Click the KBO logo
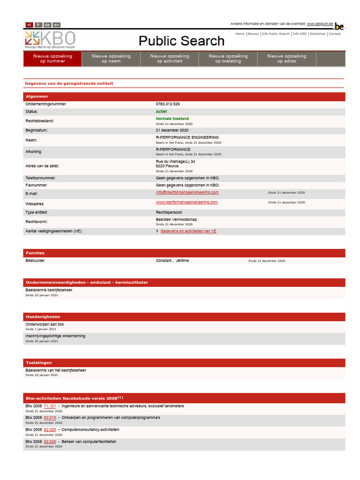pyautogui.click(x=50, y=39)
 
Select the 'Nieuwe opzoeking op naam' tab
pyautogui.click(x=111, y=59)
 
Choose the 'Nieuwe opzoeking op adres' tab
pyautogui.click(x=286, y=59)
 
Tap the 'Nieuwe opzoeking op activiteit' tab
pyautogui.click(x=170, y=59)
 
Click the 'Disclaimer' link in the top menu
pyautogui.click(x=318, y=34)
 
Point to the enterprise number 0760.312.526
pyautogui.click(x=168, y=104)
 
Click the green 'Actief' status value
pyautogui.click(x=161, y=112)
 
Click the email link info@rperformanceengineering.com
pyautogui.click(x=187, y=192)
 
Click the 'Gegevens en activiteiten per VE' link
pyautogui.click(x=188, y=231)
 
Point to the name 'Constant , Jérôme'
pyautogui.click(x=172, y=261)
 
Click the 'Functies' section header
pyautogui.click(x=35, y=253)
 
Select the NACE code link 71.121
pyautogui.click(x=50, y=406)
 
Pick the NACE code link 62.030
pyautogui.click(x=50, y=442)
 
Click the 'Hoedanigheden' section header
pyautogui.click(x=43, y=317)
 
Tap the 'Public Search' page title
pyautogui.click(x=181, y=41)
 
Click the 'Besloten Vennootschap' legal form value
pyautogui.click(x=176, y=219)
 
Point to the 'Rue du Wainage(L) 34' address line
pyautogui.click(x=175, y=161)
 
